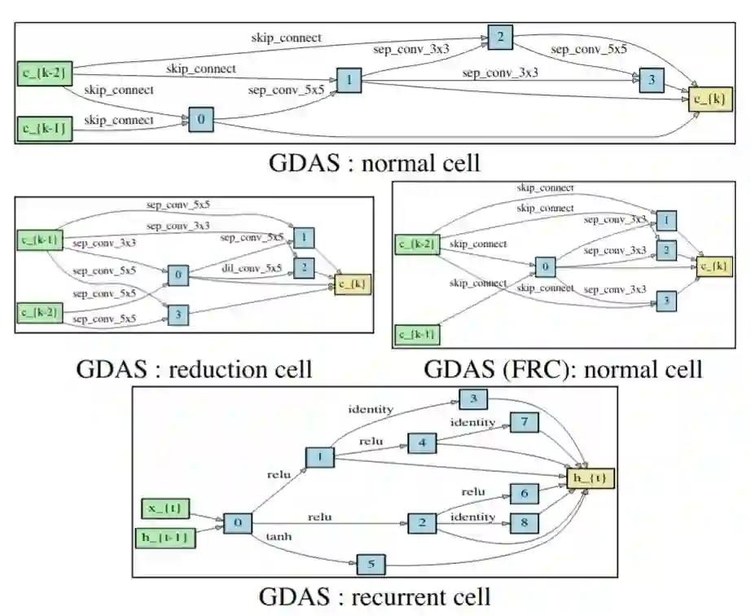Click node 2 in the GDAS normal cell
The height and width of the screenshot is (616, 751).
[x=500, y=37]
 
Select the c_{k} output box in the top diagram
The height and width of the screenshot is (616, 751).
[x=710, y=99]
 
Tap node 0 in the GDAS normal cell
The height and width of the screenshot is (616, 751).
[x=201, y=119]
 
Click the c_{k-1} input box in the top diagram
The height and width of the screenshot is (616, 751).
[x=45, y=129]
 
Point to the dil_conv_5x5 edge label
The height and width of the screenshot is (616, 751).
[x=252, y=269]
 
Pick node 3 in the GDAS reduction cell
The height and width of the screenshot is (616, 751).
[x=178, y=315]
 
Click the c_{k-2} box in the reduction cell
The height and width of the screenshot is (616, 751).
[x=40, y=313]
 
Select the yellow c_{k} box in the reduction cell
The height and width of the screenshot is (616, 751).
[x=353, y=284]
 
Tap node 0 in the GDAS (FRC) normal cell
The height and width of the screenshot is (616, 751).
[x=545, y=266]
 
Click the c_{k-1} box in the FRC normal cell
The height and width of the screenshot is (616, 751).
[x=417, y=334]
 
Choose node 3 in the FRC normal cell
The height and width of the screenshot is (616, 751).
[x=666, y=301]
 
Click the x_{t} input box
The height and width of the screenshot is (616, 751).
[x=165, y=508]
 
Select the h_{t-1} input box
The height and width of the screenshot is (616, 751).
[x=165, y=538]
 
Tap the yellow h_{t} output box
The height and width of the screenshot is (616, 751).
[x=590, y=478]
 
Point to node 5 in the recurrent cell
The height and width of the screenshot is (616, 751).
[x=371, y=565]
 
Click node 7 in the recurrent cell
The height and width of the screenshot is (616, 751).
[x=525, y=422]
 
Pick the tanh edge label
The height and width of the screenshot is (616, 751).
[x=279, y=536]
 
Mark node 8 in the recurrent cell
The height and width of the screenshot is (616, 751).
[x=525, y=522]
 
